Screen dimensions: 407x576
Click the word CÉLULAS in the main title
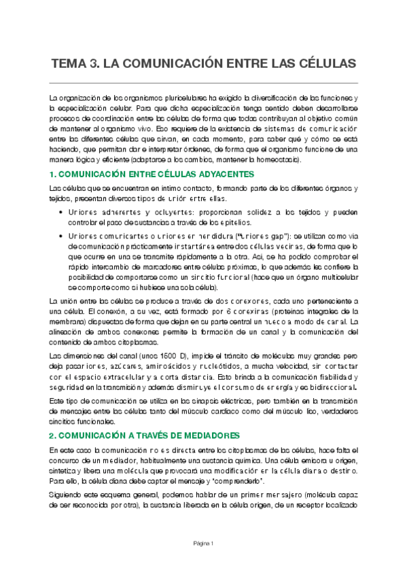(x=323, y=64)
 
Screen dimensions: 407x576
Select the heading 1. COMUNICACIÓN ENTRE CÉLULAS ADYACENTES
(x=152, y=175)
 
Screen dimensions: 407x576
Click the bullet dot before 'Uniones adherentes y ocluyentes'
(x=63, y=213)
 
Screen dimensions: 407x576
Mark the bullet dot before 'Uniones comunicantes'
(x=63, y=235)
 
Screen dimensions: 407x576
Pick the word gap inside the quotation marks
(x=277, y=235)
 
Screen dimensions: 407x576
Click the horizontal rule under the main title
(x=203, y=82)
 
